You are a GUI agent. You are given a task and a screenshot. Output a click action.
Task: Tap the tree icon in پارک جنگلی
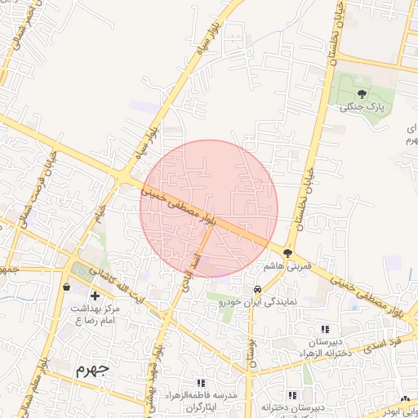point(362,94)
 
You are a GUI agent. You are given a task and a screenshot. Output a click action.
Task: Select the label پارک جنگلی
point(362,107)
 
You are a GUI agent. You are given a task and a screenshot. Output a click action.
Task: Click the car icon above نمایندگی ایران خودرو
point(257,290)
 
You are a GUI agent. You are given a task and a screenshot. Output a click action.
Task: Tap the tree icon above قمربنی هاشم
point(287,252)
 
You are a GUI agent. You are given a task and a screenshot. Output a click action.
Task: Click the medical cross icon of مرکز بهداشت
point(96,295)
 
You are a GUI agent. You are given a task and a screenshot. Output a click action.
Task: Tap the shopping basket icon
point(66,287)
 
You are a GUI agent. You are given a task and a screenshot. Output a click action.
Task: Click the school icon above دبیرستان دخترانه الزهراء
point(325,328)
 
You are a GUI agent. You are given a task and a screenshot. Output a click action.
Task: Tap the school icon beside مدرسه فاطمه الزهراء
point(201,382)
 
